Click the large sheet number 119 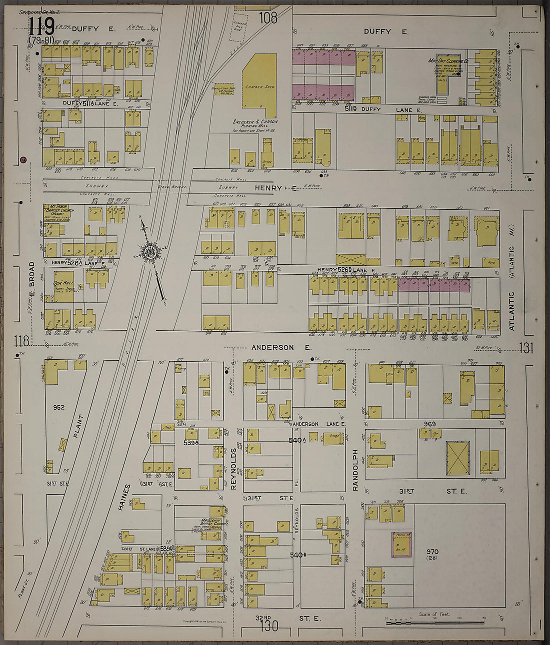click(41, 26)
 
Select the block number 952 click(59, 407)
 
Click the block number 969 click(430, 424)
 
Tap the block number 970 click(432, 552)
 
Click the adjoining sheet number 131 click(525, 348)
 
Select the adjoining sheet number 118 click(21, 341)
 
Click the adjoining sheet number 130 click(269, 626)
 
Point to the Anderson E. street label click(281, 347)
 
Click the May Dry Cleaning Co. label click(448, 61)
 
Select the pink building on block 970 click(401, 544)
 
